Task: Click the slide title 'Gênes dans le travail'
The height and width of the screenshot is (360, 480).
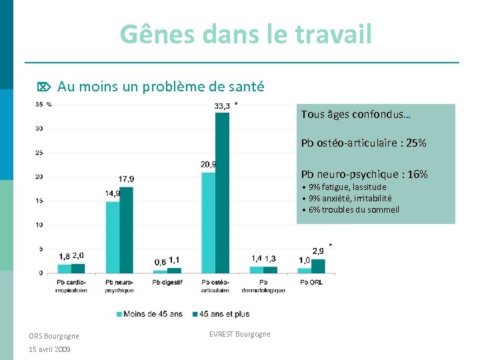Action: click(x=246, y=34)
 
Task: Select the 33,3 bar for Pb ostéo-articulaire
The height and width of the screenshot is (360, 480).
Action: click(x=222, y=193)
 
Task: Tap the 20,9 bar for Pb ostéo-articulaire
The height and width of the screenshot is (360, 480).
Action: click(x=208, y=223)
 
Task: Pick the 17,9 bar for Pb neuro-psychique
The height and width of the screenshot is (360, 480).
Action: click(x=127, y=230)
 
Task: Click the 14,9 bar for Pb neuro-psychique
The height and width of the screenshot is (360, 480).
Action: click(x=112, y=237)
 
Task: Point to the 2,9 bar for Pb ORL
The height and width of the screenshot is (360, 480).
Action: click(x=318, y=266)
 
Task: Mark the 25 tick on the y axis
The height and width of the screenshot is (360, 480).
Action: click(x=39, y=153)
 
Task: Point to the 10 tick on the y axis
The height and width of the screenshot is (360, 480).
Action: click(x=39, y=225)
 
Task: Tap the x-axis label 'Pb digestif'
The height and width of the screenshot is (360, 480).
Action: click(x=167, y=282)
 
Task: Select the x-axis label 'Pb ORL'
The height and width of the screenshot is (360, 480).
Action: click(x=311, y=282)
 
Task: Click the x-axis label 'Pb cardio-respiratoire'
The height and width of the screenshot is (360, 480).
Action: click(x=71, y=286)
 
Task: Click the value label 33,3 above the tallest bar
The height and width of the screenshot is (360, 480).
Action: click(x=223, y=105)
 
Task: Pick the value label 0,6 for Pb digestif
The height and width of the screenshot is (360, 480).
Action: click(x=160, y=263)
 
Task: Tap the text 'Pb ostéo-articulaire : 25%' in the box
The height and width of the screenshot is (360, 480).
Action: click(x=363, y=143)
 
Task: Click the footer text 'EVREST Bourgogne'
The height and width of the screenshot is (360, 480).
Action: click(x=239, y=334)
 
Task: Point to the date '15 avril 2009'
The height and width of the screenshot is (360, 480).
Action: click(x=50, y=349)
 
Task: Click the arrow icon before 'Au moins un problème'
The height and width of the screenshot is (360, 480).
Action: click(x=43, y=87)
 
